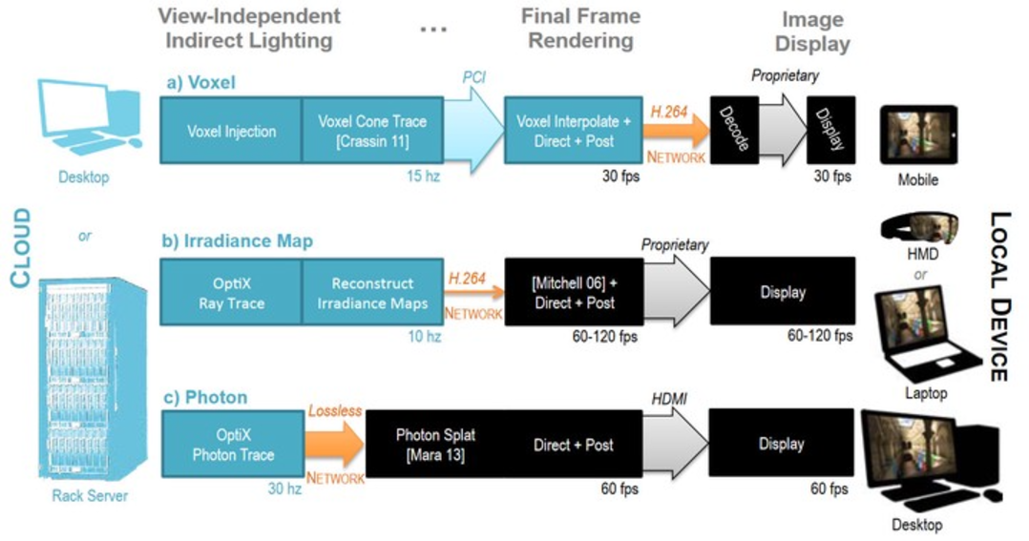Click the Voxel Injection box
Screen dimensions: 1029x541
point(231,131)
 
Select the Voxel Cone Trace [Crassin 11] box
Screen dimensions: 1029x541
point(372,131)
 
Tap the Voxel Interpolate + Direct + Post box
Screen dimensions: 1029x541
point(573,131)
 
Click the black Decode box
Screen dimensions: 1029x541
point(734,130)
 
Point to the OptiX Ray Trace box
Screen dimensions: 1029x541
point(231,292)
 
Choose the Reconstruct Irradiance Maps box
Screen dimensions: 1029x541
point(372,292)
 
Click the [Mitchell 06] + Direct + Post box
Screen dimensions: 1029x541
point(574,292)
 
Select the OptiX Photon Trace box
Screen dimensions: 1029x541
point(232,444)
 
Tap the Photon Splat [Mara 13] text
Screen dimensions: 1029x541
point(435,444)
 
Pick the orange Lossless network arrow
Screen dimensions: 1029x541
point(335,444)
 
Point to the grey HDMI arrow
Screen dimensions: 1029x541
point(676,444)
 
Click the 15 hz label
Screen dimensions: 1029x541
point(423,176)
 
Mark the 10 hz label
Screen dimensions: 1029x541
point(424,337)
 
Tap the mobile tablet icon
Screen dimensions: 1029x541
point(918,135)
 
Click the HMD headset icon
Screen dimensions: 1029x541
point(918,227)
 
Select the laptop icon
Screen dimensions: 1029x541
point(925,335)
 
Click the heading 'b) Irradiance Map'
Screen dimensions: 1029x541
point(238,240)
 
